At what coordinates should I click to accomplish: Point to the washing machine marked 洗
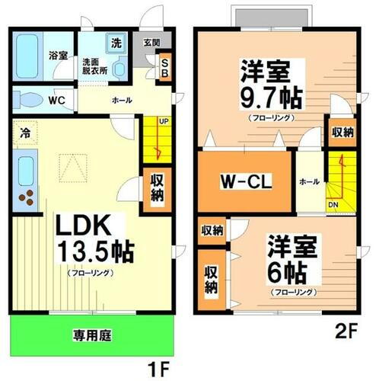(116, 41)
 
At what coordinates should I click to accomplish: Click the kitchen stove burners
(27, 197)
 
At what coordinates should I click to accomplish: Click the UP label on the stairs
(163, 120)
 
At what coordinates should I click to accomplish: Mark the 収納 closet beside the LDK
(156, 187)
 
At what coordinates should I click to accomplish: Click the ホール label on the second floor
(309, 181)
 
